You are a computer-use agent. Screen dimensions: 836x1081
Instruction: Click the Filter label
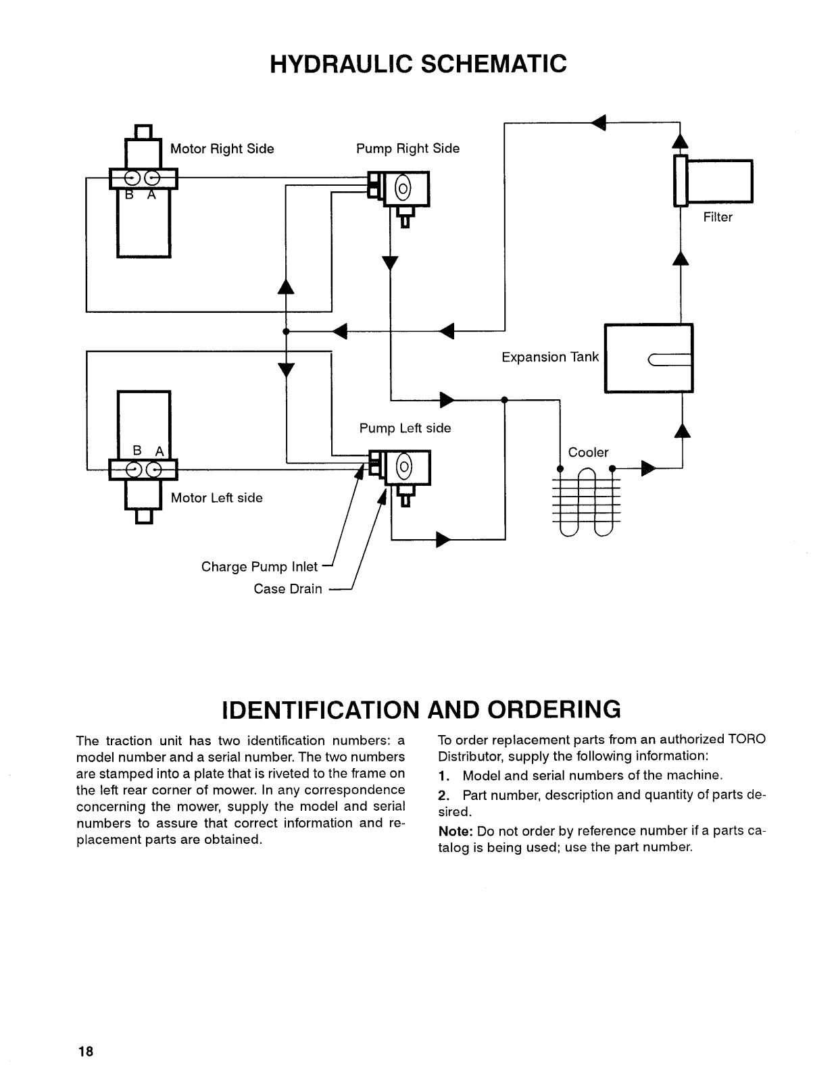pos(718,217)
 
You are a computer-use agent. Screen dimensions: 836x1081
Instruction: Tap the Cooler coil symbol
pos(587,502)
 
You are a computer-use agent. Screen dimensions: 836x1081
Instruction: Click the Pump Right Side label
pos(408,148)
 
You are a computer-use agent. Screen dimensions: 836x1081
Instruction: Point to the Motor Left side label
pos(216,497)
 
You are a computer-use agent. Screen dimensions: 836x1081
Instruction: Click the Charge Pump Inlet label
pos(260,567)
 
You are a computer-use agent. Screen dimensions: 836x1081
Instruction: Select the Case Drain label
pos(288,588)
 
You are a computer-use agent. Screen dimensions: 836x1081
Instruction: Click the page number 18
pos(86,1051)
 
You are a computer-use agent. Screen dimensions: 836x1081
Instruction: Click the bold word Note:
pos(456,831)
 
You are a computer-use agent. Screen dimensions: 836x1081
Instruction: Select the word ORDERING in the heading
pos(554,709)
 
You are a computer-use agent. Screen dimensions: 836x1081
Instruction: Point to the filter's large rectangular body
pos(720,181)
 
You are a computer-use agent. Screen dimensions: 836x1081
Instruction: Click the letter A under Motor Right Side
pos(152,195)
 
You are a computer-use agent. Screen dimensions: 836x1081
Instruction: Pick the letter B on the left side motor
pos(137,450)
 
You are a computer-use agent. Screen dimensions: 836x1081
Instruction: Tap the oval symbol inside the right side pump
pos(403,189)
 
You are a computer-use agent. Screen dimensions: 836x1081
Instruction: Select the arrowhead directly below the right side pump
pos(390,263)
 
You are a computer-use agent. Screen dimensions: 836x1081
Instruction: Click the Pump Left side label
pos(405,428)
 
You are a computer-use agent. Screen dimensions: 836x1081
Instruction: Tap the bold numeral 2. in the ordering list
pos(444,795)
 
